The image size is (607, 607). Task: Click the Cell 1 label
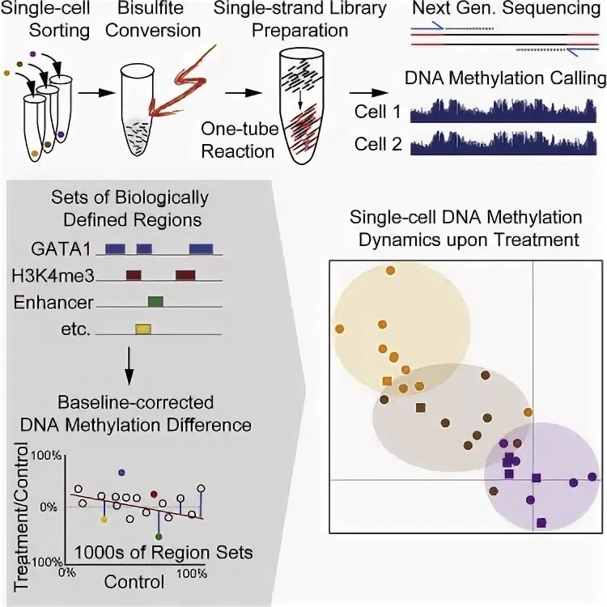tap(376, 112)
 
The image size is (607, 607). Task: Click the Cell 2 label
tap(376, 145)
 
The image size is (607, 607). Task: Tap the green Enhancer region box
tap(155, 302)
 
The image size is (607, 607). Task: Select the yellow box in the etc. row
tap(143, 329)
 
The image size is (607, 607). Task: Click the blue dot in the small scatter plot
tap(121, 472)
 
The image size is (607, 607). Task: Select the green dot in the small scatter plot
tap(159, 537)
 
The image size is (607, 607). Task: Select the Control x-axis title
tap(134, 581)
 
